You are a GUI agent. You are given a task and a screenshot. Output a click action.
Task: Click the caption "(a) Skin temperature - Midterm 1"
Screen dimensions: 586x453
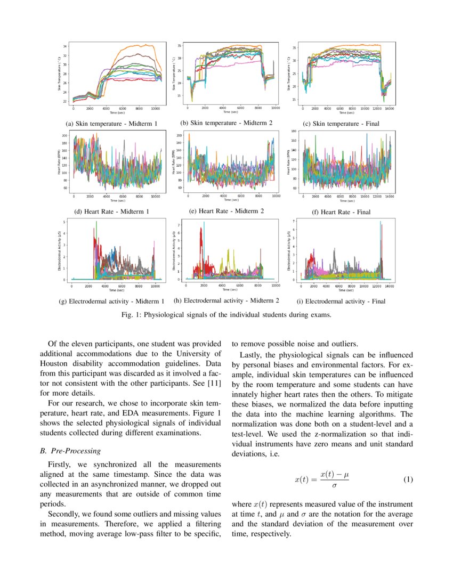[111, 124]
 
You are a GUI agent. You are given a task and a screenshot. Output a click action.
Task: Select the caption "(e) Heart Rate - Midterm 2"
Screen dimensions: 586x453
[226, 211]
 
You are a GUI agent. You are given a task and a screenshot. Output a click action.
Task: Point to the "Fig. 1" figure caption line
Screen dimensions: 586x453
[226, 314]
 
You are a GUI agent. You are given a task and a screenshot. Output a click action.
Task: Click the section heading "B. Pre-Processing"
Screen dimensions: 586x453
[70, 451]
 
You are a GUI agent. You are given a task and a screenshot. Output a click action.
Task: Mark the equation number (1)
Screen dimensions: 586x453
[408, 479]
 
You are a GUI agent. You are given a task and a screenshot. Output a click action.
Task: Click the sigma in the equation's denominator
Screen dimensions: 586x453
[334, 485]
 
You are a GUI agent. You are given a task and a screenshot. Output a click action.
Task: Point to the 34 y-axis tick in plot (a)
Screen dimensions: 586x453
[65, 47]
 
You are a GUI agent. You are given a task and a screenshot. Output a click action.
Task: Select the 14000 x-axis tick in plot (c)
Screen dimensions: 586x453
[390, 108]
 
